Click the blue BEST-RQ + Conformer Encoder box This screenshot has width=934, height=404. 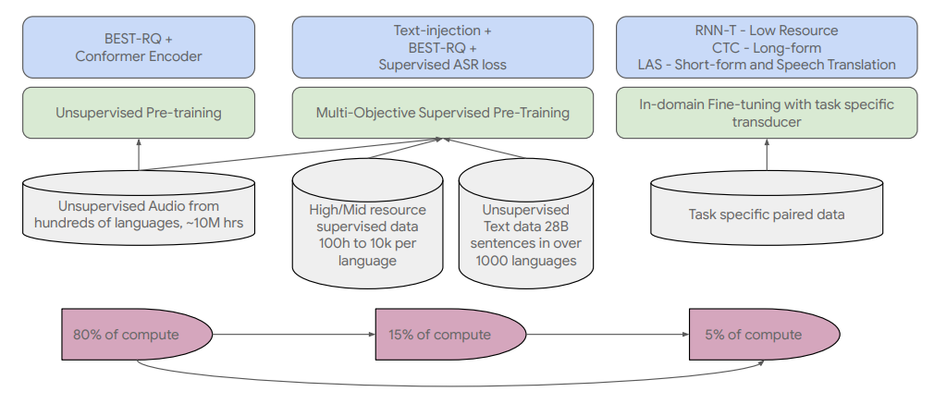pos(139,47)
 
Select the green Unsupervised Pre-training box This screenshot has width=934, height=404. pos(139,113)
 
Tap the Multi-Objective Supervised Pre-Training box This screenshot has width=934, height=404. pos(442,113)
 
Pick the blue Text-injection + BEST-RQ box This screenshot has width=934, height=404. pos(442,47)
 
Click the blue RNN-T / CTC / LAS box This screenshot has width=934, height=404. pos(767,47)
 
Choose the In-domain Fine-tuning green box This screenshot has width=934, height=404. pos(767,113)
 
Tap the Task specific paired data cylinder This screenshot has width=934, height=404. pos(767,213)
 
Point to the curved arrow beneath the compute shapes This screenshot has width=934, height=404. pos(444,385)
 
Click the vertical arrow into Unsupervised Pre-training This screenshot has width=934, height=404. pos(139,154)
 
